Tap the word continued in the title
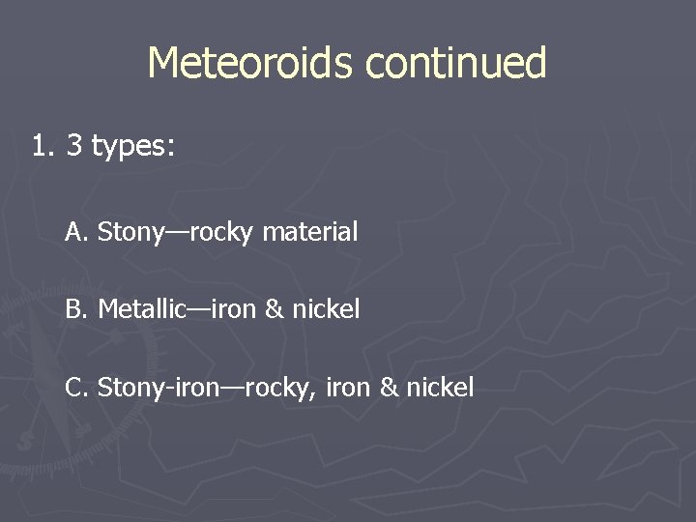456,64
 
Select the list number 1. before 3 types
43,147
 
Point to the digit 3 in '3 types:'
73,147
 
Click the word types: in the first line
133,148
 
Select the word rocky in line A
222,233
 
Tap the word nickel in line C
440,388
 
